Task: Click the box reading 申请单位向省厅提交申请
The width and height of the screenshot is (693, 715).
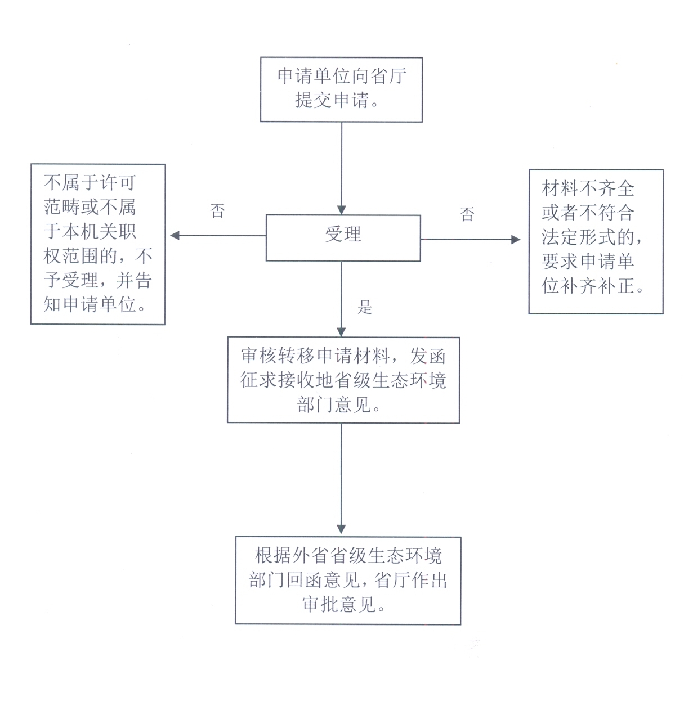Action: tap(341, 89)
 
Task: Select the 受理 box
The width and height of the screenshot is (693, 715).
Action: tap(343, 237)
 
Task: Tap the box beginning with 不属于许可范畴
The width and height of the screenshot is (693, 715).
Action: tap(97, 244)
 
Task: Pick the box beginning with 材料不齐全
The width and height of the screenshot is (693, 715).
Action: tap(596, 241)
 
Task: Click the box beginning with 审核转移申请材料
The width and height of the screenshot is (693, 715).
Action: tap(343, 380)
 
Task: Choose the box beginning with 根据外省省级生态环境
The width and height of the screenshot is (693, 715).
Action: tap(348, 580)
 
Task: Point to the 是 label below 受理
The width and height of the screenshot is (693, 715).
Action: tap(365, 307)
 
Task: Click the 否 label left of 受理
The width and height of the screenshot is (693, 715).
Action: tap(218, 211)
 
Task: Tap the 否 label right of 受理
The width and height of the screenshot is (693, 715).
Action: tap(467, 214)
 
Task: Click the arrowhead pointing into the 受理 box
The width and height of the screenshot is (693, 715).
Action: tap(341, 209)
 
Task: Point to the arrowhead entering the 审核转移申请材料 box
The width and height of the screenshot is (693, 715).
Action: tap(341, 331)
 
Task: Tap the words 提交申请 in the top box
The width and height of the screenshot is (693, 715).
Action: tap(332, 101)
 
